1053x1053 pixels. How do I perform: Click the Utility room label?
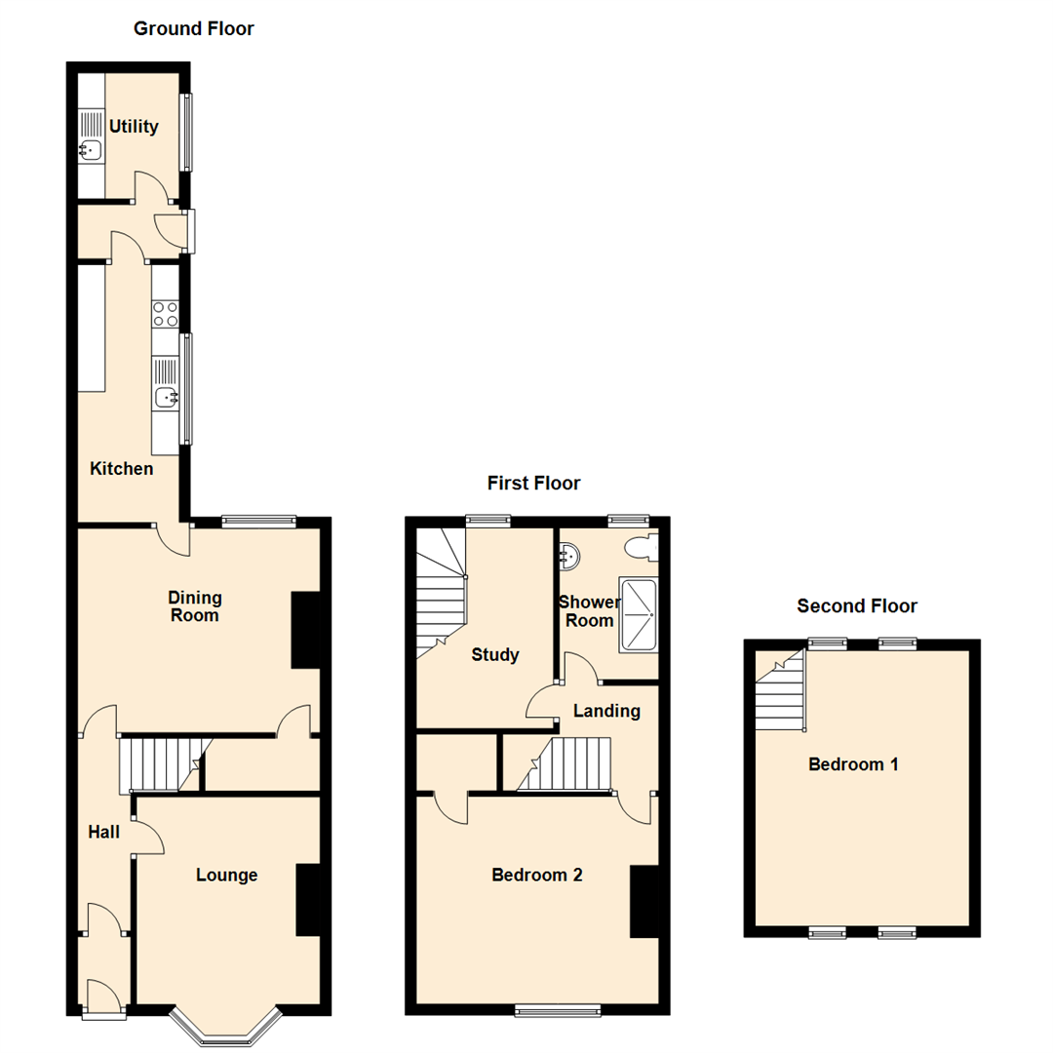point(134,126)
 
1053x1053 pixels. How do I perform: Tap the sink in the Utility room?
point(91,150)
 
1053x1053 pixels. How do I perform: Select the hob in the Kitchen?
point(165,314)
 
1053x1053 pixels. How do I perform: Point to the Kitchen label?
point(122,469)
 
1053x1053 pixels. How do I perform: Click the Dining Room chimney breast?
point(306,630)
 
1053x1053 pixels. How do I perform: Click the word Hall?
point(104,832)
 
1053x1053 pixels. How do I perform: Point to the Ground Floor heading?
point(194,28)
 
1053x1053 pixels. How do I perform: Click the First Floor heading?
point(533,483)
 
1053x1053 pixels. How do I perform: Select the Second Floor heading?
point(857,605)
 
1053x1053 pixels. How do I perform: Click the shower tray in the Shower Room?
point(640,614)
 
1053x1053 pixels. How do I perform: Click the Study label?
point(494,655)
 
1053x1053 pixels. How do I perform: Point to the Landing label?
point(606,711)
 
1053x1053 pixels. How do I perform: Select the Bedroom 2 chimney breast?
point(644,902)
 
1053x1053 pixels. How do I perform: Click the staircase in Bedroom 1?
point(780,694)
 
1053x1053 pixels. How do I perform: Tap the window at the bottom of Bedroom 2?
point(559,1011)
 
